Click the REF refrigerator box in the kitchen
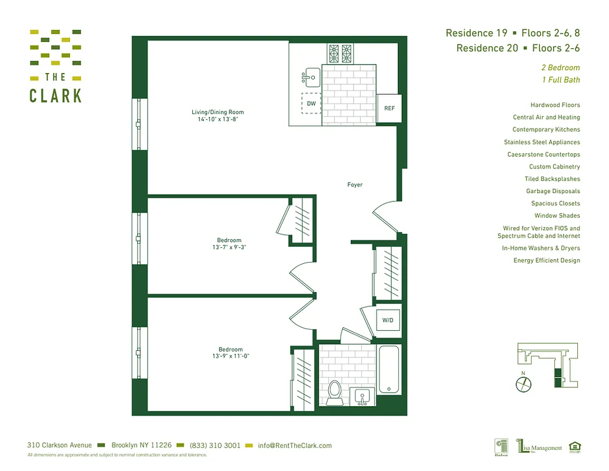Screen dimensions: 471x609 tap(390, 108)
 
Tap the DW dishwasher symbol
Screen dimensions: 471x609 tap(311, 104)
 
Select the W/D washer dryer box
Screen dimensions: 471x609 tap(388, 321)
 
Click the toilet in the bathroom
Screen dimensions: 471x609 tap(335, 392)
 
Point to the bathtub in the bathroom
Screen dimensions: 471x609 tap(389, 370)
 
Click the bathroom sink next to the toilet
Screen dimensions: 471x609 tap(362, 396)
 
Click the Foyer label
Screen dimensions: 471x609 tap(355, 185)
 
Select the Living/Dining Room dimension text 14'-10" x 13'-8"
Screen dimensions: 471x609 tap(217, 119)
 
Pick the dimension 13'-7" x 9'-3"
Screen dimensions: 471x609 tap(229, 247)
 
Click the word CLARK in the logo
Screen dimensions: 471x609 tap(56, 95)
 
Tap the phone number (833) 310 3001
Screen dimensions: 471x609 tap(215, 446)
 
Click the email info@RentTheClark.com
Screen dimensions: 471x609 tap(295, 446)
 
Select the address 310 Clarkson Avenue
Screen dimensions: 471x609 tap(59, 446)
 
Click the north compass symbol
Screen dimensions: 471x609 tap(523, 384)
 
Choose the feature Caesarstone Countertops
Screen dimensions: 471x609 tap(543, 154)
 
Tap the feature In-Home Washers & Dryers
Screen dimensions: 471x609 tap(541, 248)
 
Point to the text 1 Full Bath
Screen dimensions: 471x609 tap(560, 80)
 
